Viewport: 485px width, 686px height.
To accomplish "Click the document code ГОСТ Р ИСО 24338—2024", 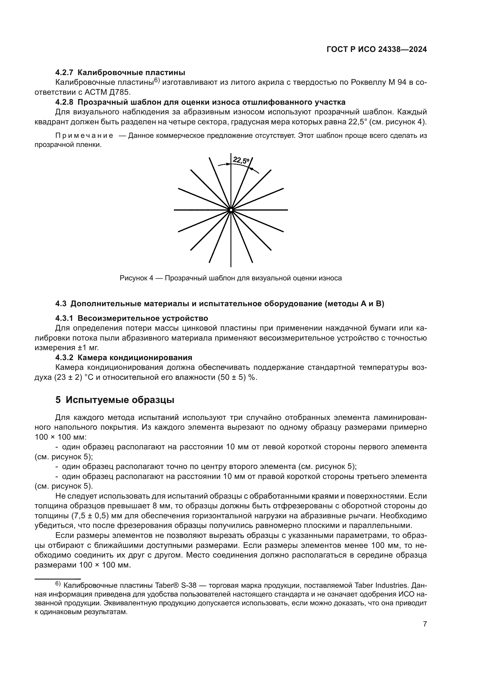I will point(377,50).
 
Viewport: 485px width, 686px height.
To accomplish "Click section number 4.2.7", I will point(64,72).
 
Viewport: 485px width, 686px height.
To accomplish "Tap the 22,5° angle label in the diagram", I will point(241,160).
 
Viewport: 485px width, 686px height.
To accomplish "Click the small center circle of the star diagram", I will point(231,210).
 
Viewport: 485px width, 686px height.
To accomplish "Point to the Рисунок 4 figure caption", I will point(230,278).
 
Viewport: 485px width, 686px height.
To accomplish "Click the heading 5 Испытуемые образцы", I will point(115,400).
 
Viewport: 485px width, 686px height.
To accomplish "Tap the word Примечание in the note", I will point(84,136).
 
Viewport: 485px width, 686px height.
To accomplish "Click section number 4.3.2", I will point(64,358).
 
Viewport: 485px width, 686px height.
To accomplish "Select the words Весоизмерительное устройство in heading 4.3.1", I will point(143,318).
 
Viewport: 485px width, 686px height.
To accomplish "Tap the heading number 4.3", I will point(61,304).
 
